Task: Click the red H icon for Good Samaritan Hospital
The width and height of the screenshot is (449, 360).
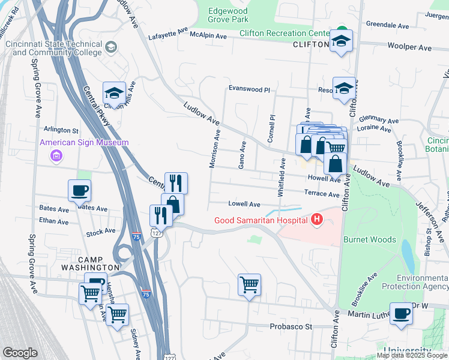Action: pyautogui.click(x=317, y=220)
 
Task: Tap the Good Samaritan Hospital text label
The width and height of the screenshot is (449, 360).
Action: pyautogui.click(x=261, y=220)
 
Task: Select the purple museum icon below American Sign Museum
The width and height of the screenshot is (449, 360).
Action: pyautogui.click(x=56, y=157)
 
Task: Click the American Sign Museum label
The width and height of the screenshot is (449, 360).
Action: pyautogui.click(x=84, y=142)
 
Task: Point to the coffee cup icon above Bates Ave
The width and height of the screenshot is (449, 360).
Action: pyautogui.click(x=80, y=191)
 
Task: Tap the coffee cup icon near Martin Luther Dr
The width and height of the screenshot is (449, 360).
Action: pyautogui.click(x=401, y=313)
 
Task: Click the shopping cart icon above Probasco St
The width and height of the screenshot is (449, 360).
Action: pyautogui.click(x=249, y=284)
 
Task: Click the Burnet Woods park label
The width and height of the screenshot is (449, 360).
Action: pyautogui.click(x=369, y=239)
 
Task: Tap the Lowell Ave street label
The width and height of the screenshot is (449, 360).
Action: pyautogui.click(x=244, y=204)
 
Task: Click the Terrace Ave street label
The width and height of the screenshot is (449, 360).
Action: pyautogui.click(x=322, y=194)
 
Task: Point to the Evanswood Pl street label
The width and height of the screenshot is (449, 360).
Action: pyautogui.click(x=249, y=89)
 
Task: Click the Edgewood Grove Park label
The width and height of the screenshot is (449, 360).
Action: pyautogui.click(x=228, y=15)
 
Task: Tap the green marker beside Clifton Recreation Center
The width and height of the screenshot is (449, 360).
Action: pyautogui.click(x=342, y=31)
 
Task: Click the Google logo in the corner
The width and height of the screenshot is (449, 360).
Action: pyautogui.click(x=20, y=353)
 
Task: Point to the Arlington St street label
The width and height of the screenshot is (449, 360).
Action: pyautogui.click(x=61, y=130)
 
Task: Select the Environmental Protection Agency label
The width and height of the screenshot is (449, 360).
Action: pyautogui.click(x=423, y=283)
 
